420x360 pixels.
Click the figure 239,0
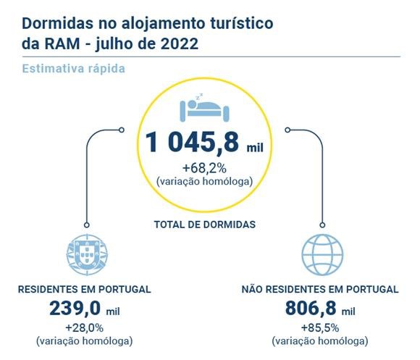(x=75, y=309)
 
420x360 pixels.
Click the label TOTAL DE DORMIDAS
(x=205, y=225)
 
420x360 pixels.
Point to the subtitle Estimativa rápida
(x=74, y=69)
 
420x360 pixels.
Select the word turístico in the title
(x=240, y=22)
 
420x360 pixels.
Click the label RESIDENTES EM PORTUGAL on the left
(x=85, y=289)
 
